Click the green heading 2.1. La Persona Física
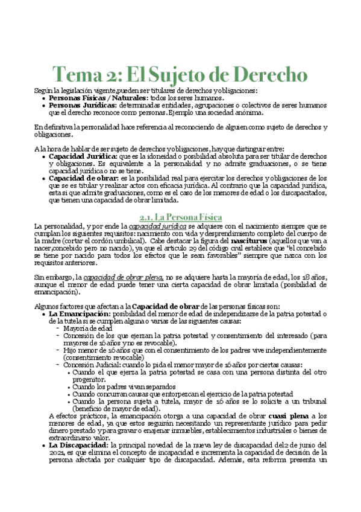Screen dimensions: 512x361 click(180, 216)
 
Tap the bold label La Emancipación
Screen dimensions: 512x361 click(80, 314)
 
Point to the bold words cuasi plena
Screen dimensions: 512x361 click(275, 416)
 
